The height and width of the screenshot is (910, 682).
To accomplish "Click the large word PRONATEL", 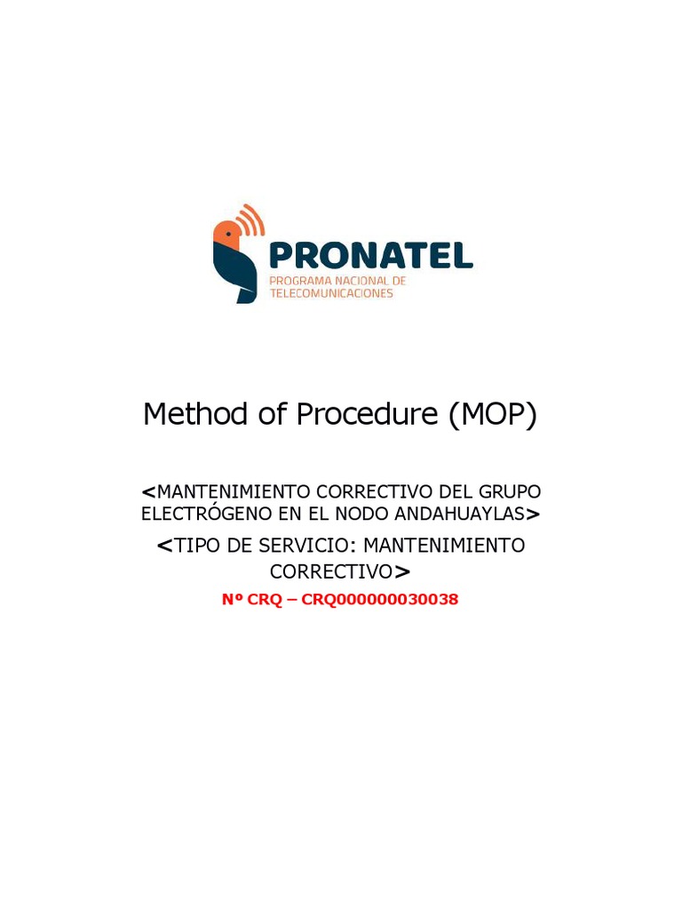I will point(370,256).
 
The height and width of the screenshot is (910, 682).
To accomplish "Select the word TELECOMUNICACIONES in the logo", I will point(331,293).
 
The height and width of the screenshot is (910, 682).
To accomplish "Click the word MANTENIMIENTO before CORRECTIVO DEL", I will point(234,491).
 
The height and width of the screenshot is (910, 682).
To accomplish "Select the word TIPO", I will point(198,546).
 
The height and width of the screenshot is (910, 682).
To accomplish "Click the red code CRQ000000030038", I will point(380,600).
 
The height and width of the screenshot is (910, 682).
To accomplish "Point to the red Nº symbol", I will point(232,600).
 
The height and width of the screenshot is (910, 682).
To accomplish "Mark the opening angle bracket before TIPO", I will point(163,547).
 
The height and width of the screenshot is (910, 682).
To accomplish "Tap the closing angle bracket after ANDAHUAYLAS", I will point(533,514).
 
